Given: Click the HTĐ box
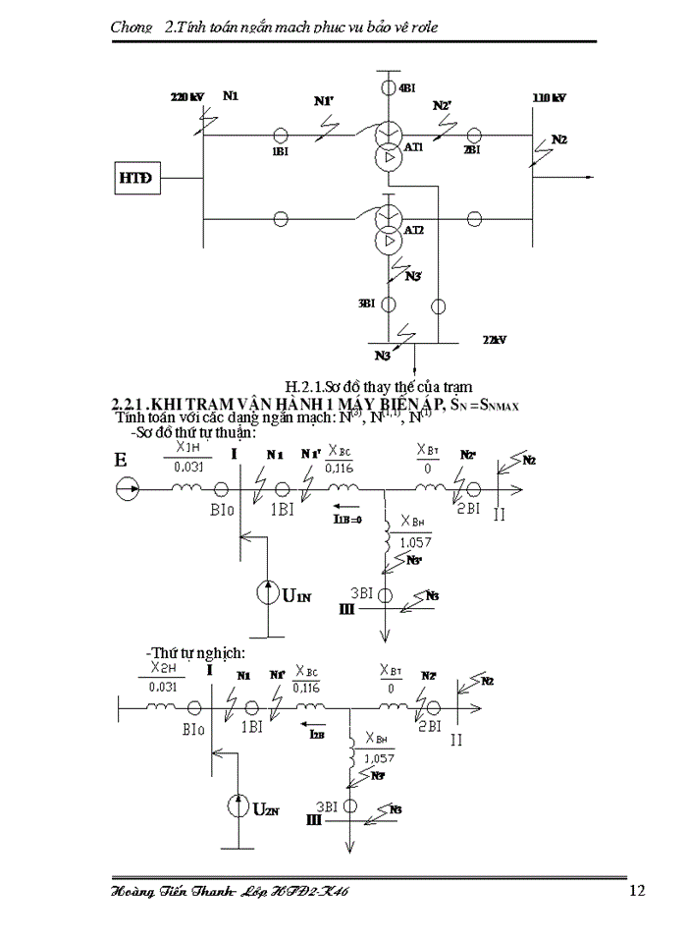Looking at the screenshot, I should (134, 180).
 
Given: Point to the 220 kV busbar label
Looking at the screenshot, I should (186, 97).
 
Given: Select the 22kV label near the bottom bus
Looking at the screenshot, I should (495, 339).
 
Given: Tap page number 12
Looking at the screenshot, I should (636, 891).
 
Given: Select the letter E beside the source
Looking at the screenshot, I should (121, 460).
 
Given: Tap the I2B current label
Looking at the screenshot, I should (318, 733).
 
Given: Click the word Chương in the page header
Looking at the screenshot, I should (132, 28).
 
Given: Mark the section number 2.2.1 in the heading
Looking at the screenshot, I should (128, 404).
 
